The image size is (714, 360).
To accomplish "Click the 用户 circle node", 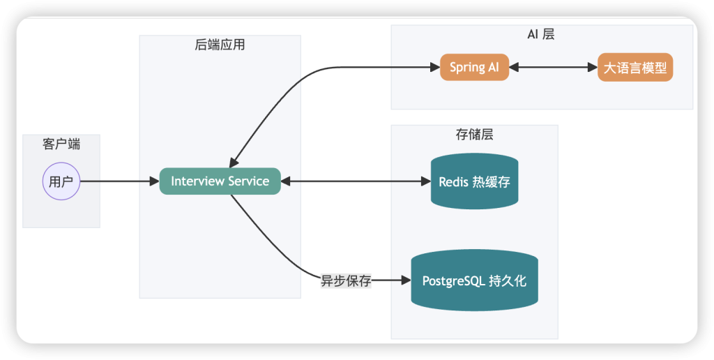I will [x=61, y=181].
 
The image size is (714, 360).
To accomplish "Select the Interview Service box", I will [x=220, y=181].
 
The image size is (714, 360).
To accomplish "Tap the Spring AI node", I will [x=474, y=68].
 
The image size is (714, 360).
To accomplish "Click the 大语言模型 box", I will [x=635, y=68].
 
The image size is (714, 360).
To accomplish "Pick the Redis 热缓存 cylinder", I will [x=474, y=181].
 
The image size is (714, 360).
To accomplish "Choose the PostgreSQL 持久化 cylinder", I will [x=474, y=281].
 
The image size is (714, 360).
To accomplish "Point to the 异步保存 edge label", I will [x=346, y=281].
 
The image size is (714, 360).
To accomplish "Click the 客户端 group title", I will [x=61, y=144].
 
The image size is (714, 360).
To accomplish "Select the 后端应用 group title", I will [x=220, y=45].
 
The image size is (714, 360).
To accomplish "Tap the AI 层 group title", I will [x=541, y=34].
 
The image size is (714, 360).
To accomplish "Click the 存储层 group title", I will [x=474, y=135].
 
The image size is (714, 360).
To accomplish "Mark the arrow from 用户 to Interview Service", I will [x=119, y=181].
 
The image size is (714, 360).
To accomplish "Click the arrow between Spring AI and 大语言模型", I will [x=553, y=68].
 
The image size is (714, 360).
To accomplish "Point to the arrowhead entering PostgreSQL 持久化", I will [x=406, y=281].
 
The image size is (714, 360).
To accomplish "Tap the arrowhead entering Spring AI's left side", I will [x=434, y=68].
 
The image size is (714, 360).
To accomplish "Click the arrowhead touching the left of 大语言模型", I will [x=592, y=68].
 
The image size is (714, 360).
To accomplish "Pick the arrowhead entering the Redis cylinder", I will [x=425, y=181].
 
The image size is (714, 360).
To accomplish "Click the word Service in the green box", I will [x=249, y=181].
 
